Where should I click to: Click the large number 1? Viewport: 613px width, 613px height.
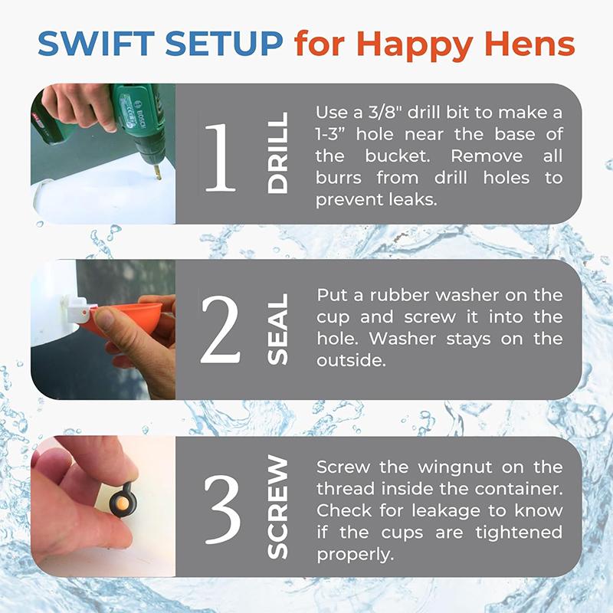point(220,158)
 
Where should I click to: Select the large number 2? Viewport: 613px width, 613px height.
point(220,329)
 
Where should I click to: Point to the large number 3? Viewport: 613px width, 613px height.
point(222,509)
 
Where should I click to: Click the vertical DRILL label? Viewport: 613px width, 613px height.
point(277,152)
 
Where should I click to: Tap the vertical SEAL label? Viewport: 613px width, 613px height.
point(277,329)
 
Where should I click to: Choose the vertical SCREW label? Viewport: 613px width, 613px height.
point(277,506)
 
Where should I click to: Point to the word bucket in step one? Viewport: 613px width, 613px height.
point(397,156)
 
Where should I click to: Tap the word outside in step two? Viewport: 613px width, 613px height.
point(351,360)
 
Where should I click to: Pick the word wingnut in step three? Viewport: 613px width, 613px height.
point(455,467)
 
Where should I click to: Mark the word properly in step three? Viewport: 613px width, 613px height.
point(355,555)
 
